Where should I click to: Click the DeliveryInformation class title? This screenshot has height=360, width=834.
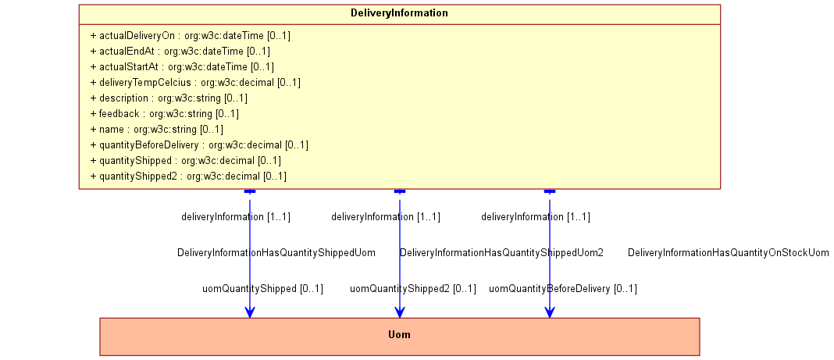click(399, 13)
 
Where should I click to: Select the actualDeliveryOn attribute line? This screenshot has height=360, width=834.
click(191, 36)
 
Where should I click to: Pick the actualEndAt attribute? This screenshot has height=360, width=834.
click(180, 51)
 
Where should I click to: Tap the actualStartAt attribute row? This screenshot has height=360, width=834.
click(183, 66)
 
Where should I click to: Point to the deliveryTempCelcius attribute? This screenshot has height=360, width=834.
click(196, 83)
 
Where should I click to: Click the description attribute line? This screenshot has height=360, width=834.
click(169, 98)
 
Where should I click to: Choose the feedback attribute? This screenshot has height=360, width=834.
click(165, 113)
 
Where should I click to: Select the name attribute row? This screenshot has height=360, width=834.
click(157, 129)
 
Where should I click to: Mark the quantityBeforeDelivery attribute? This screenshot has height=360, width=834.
click(199, 144)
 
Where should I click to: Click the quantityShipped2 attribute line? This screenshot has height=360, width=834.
click(188, 176)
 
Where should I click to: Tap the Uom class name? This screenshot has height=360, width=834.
click(400, 334)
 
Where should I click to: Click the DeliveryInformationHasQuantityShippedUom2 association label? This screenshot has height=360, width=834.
click(501, 252)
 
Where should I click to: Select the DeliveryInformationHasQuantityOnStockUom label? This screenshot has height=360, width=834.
click(728, 252)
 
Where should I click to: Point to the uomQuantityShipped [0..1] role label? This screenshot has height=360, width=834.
click(262, 289)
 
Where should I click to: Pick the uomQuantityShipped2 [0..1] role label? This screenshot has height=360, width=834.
click(413, 289)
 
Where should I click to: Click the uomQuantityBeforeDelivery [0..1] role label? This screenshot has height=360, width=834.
click(563, 289)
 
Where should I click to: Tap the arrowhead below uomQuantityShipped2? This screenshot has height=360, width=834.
click(400, 312)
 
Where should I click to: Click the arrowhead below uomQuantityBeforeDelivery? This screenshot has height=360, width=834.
click(550, 312)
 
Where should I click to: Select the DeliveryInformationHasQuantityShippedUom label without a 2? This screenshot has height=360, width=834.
click(276, 252)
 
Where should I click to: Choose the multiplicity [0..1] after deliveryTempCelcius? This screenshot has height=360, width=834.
click(289, 83)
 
